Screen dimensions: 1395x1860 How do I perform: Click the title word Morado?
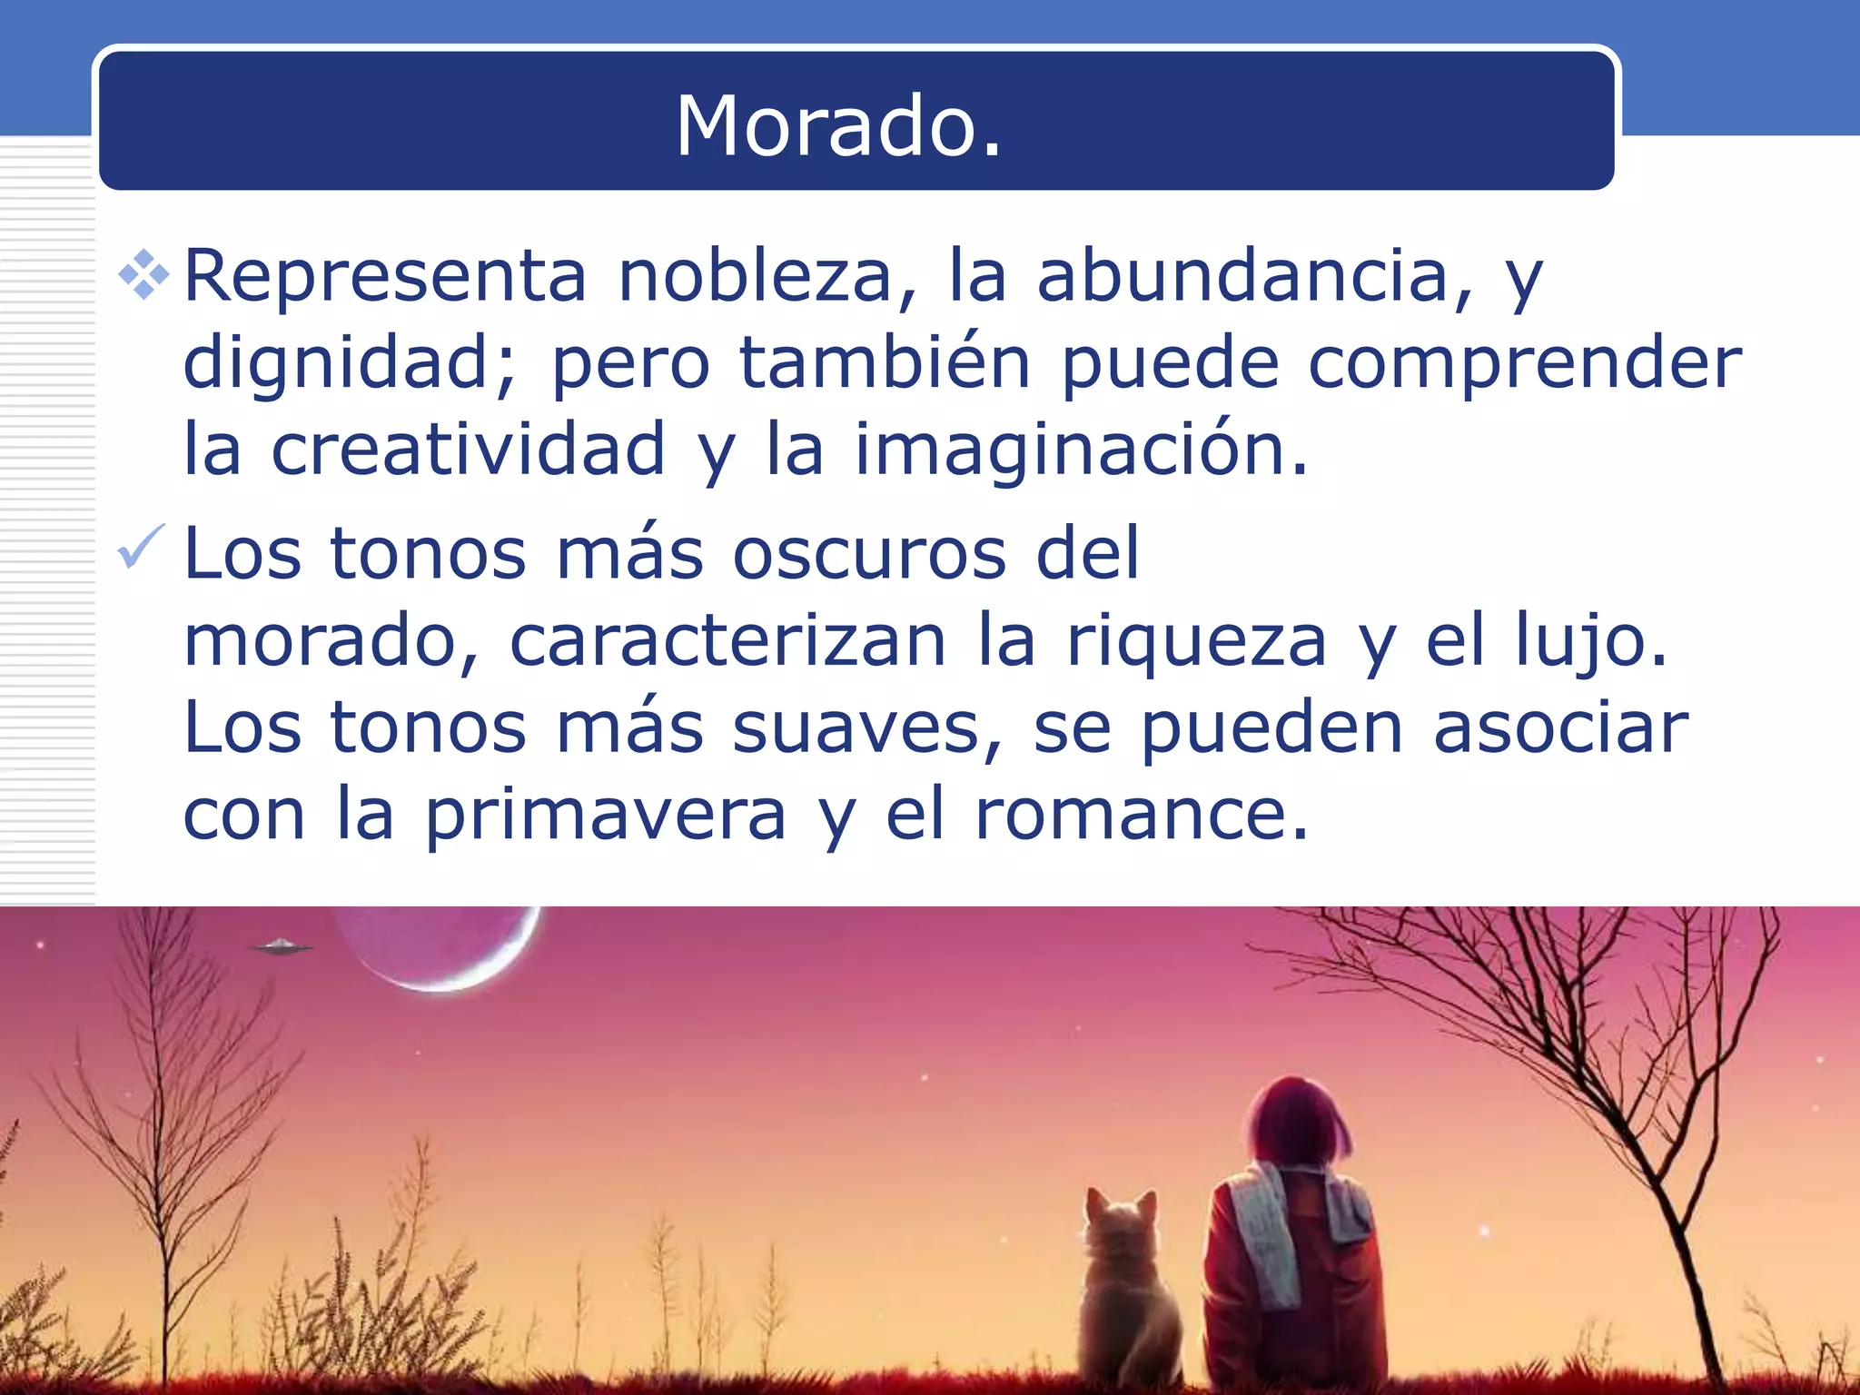pyautogui.click(x=838, y=126)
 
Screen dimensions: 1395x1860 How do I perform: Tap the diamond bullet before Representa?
pyautogui.click(x=143, y=274)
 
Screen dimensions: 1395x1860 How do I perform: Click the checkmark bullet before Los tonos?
pyautogui.click(x=141, y=547)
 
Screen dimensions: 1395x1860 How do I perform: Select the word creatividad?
pyautogui.click(x=469, y=449)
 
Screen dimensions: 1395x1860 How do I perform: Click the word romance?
pyautogui.click(x=1141, y=815)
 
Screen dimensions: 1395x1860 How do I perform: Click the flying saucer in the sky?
pyautogui.click(x=282, y=947)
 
